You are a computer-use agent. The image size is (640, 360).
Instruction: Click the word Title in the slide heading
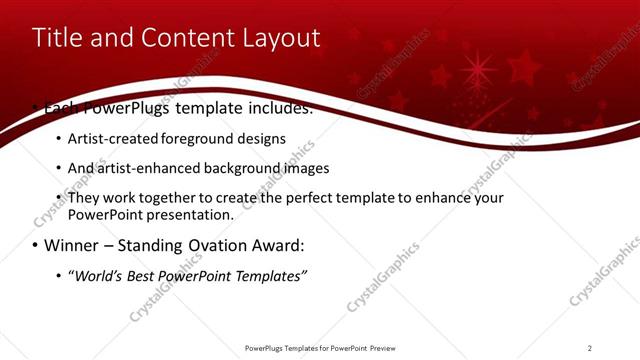coord(58,38)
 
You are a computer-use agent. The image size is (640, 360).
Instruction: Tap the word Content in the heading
coord(177,38)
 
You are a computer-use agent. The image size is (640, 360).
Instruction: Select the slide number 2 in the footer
coord(590,348)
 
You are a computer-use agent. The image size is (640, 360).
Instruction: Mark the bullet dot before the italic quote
coord(59,276)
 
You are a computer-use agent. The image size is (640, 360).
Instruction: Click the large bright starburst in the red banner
coord(476,71)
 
